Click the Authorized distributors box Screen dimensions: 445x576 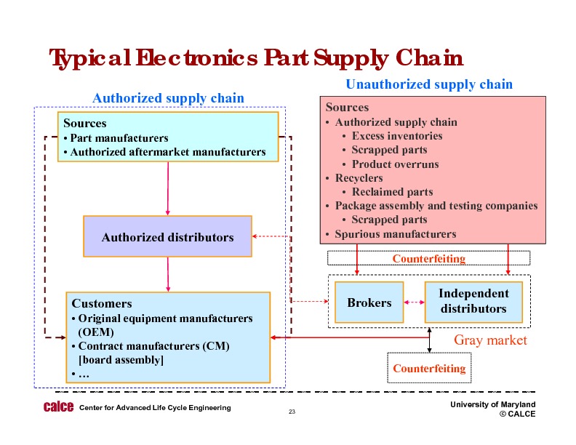tap(167, 237)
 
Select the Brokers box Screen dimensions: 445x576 tap(369, 302)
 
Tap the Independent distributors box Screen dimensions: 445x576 tap(473, 302)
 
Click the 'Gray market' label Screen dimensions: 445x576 tap(490, 340)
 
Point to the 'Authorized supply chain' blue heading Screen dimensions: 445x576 tap(168, 98)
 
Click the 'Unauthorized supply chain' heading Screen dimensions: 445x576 tap(429, 84)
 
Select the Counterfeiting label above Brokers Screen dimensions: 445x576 tap(428, 258)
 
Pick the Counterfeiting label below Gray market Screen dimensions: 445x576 tap(428, 369)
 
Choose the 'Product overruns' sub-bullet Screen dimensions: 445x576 tap(395, 164)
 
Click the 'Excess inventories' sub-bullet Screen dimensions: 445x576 tap(396, 136)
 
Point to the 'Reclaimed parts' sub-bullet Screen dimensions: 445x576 tap(392, 192)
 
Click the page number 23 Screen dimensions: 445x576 tap(292, 413)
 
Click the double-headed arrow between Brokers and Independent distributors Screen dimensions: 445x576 tap(414, 302)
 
